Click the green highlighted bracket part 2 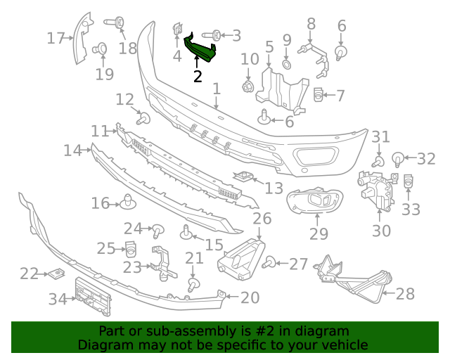click(x=200, y=49)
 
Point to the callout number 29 click(x=319, y=233)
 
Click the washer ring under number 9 click(x=287, y=64)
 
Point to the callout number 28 click(x=405, y=293)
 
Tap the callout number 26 click(x=262, y=219)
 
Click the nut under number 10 click(x=247, y=87)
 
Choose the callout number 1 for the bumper click(x=217, y=89)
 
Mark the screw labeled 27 click(x=269, y=264)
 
